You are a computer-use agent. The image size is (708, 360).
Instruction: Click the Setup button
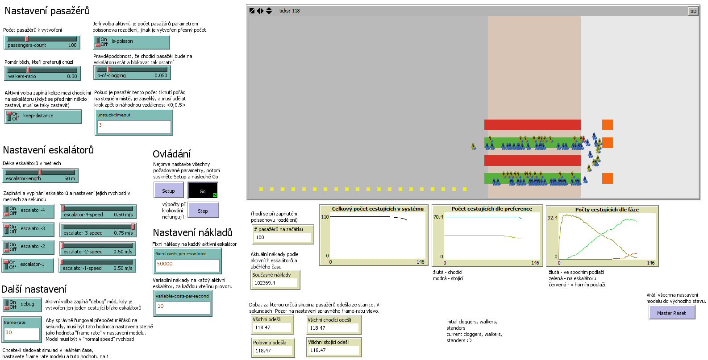point(168,190)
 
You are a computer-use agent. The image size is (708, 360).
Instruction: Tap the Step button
point(203,211)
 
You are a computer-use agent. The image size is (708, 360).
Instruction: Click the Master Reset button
point(671,313)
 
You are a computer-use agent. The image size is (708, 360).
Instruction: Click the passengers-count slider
point(42,42)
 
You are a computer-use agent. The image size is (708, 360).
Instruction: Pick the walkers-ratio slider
point(42,73)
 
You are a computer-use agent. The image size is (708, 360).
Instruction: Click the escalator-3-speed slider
point(98,230)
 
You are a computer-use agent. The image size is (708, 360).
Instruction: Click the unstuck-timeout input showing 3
point(133,126)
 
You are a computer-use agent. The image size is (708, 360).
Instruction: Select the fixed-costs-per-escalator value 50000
point(187,265)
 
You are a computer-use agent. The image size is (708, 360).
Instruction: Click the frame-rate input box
point(21,333)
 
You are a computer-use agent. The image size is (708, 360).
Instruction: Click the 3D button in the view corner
point(693,11)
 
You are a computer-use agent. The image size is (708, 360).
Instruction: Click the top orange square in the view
point(607,125)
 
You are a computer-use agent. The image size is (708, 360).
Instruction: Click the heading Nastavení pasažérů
point(47,11)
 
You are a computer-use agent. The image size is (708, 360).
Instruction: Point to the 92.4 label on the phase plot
point(552,218)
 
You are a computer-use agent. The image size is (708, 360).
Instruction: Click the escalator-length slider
point(40,175)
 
